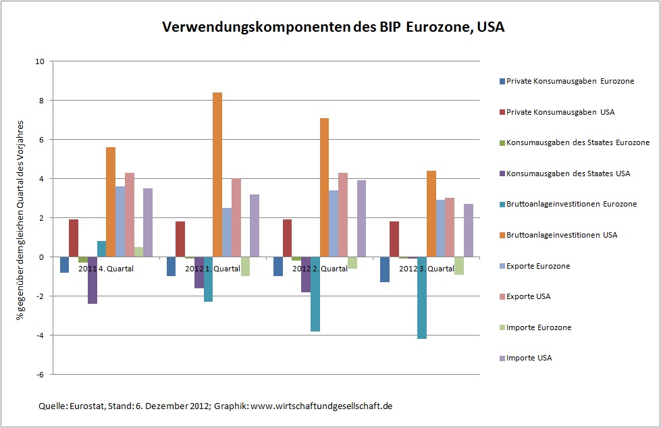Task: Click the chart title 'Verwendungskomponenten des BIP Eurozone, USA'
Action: (333, 28)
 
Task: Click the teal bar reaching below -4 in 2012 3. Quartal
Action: (421, 297)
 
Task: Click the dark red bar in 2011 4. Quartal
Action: (74, 238)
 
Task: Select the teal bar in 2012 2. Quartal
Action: (315, 294)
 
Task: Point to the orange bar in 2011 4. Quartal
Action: (111, 202)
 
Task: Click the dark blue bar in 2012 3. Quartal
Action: (384, 269)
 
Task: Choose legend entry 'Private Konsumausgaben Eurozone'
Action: (570, 81)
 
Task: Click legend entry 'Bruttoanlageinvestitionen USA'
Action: (562, 235)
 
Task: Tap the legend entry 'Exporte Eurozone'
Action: (537, 266)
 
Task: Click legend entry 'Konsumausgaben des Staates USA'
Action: (568, 173)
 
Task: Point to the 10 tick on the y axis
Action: (40, 61)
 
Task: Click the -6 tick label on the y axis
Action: (41, 375)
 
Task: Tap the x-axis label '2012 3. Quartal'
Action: (426, 269)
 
